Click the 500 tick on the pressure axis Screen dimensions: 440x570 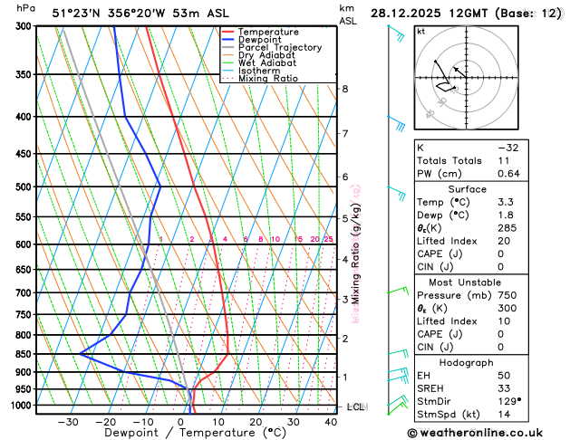(x=22, y=187)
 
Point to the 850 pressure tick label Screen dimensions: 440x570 (x=22, y=354)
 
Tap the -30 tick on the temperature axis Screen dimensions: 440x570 (x=68, y=422)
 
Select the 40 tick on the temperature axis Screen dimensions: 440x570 (x=331, y=422)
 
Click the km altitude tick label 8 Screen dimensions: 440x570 (x=344, y=89)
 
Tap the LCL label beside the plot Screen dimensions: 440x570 (x=355, y=407)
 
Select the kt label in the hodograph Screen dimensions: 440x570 (x=420, y=32)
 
